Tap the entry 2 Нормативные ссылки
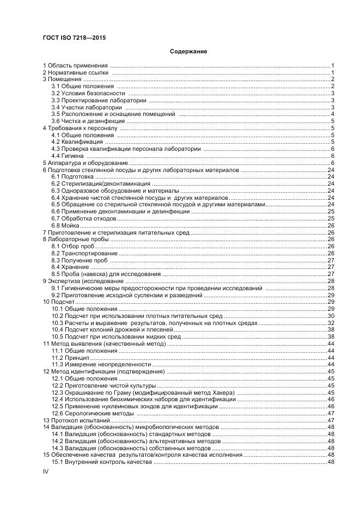point(76,72)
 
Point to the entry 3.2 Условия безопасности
point(84,93)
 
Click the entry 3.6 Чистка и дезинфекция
point(82,121)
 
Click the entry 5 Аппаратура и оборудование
point(86,163)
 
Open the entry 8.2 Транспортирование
point(84,253)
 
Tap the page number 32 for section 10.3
point(330,323)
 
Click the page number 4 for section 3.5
point(332,114)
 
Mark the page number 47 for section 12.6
point(330,413)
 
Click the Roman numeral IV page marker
point(46,472)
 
